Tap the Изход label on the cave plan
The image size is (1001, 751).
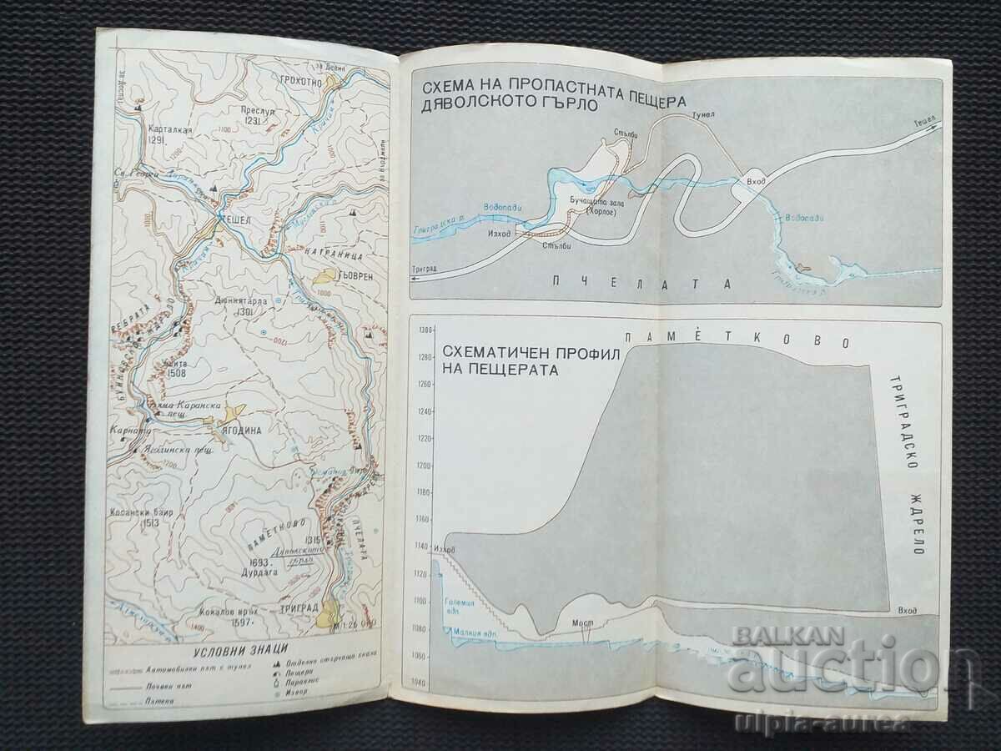click(497, 234)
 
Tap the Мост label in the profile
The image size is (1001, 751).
click(582, 622)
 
